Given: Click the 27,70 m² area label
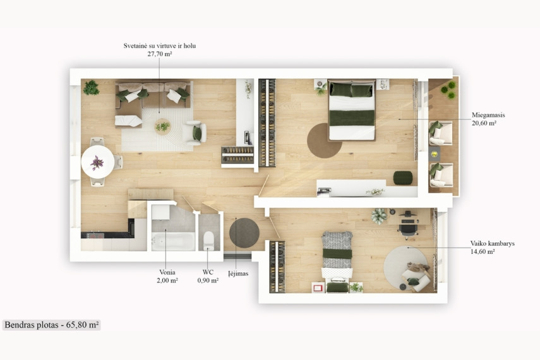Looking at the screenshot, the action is (x=160, y=54).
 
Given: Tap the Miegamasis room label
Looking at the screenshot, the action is (x=488, y=115).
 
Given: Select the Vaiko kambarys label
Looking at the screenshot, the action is (x=493, y=243).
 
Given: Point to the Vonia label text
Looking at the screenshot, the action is (x=167, y=272).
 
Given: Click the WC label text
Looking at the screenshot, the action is (x=208, y=272).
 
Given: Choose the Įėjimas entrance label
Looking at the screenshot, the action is (x=238, y=273).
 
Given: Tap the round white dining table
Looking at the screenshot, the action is (x=98, y=162).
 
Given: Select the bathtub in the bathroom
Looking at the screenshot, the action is (x=173, y=241).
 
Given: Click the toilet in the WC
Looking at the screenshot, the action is (x=208, y=240).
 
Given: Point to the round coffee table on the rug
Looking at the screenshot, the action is (x=162, y=126).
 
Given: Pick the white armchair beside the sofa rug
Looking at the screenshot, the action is (x=195, y=133).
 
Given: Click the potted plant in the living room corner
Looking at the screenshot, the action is (x=91, y=88).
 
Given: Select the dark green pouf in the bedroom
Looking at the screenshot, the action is (x=403, y=177).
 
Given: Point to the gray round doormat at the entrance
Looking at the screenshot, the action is (x=244, y=233).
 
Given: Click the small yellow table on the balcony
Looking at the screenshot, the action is (x=435, y=154).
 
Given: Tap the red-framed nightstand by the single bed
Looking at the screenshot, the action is (x=318, y=287).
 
